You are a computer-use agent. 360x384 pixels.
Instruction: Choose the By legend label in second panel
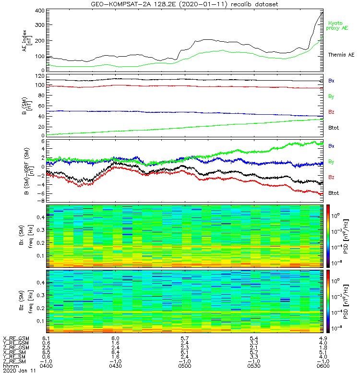[331, 96]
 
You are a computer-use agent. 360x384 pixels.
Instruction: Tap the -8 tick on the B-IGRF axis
[41, 200]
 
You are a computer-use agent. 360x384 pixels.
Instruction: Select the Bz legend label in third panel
[331, 177]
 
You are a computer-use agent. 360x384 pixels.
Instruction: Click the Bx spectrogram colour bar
[328, 236]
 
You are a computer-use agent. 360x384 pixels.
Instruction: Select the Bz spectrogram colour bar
[328, 300]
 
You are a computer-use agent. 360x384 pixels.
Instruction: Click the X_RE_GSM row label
[16, 338]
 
